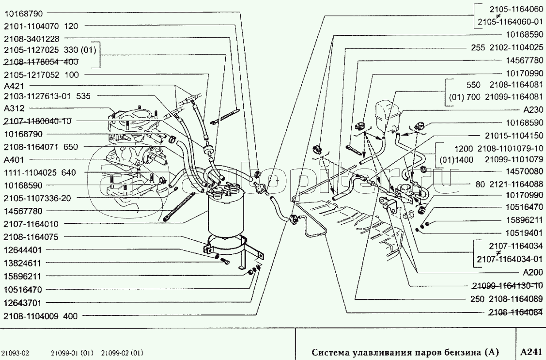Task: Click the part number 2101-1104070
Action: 27,26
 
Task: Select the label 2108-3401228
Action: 31,38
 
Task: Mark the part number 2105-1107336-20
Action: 37,198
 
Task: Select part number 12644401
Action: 22,250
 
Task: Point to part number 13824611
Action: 22,263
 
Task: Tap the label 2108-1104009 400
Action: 40,316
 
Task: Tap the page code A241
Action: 531,352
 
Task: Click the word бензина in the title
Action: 465,352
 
